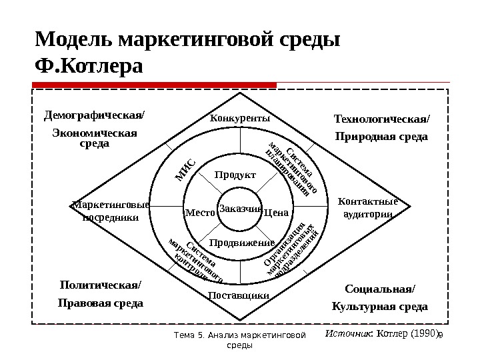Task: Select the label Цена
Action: [275, 213]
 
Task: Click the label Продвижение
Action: [238, 242]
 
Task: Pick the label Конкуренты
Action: [240, 118]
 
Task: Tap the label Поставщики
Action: [239, 295]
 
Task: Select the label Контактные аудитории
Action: [367, 207]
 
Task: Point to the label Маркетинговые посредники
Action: [110, 211]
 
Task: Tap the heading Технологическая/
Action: [382, 119]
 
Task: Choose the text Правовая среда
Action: [101, 303]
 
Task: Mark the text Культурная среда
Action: [379, 307]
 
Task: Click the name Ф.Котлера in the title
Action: [89, 67]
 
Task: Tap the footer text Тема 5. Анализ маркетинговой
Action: [238, 335]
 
